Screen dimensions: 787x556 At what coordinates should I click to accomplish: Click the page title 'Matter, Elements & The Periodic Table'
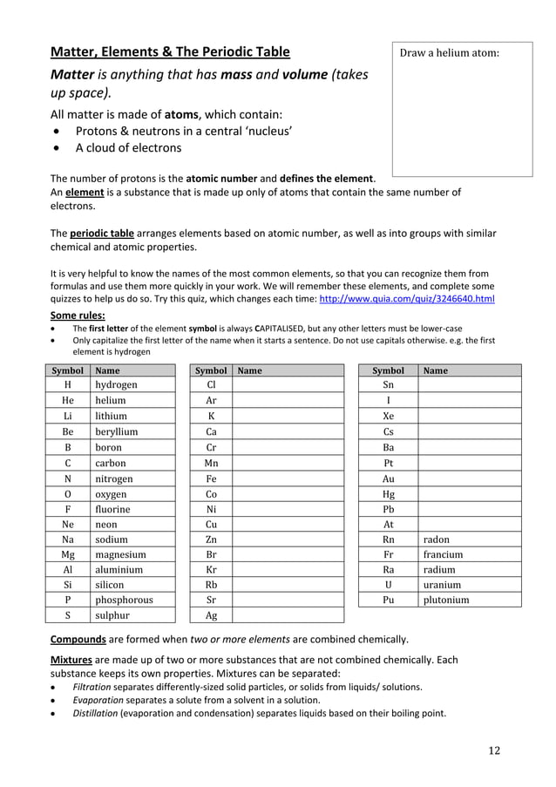click(170, 51)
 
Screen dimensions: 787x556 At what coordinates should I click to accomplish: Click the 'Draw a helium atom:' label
click(449, 53)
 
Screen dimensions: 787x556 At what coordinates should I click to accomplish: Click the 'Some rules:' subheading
click(78, 315)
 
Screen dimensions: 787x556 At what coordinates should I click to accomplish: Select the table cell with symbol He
click(68, 400)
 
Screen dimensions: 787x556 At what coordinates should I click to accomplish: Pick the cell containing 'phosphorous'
click(124, 600)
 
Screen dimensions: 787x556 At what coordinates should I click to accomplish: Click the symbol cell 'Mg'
click(68, 554)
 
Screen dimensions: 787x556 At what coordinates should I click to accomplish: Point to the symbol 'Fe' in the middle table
click(211, 478)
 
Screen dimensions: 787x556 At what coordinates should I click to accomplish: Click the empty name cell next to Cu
click(288, 525)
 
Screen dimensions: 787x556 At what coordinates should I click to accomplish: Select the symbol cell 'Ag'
click(211, 615)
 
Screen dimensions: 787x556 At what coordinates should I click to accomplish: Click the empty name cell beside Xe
click(469, 417)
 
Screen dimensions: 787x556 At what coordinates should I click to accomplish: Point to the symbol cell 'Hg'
click(388, 493)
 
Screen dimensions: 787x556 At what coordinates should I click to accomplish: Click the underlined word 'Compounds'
click(78, 639)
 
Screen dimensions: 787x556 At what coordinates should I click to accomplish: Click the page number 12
click(494, 750)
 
